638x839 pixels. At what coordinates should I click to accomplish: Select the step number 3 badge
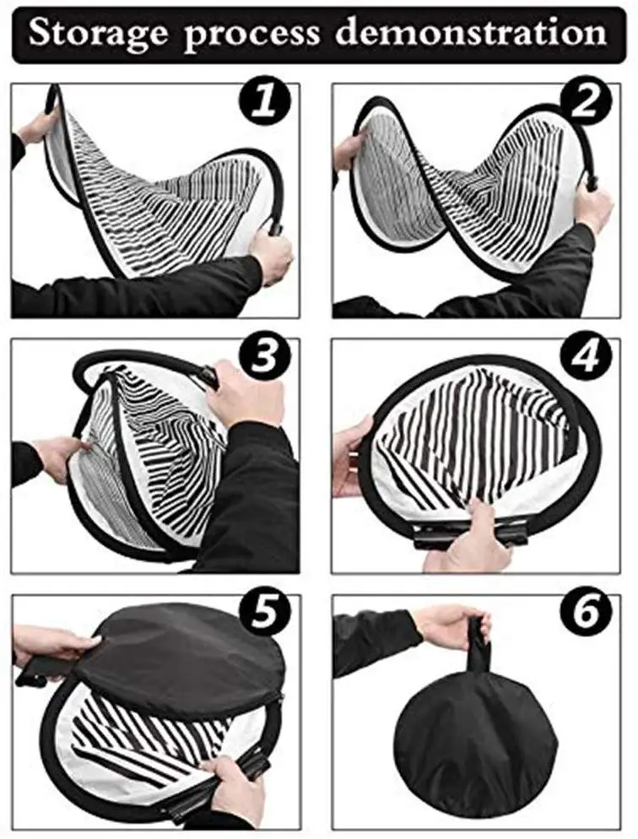pyautogui.click(x=265, y=355)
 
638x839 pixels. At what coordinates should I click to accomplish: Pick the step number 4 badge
pyautogui.click(x=587, y=355)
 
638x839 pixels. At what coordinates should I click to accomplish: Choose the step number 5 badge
pyautogui.click(x=265, y=612)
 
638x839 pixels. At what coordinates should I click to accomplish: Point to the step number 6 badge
pyautogui.click(x=587, y=612)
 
